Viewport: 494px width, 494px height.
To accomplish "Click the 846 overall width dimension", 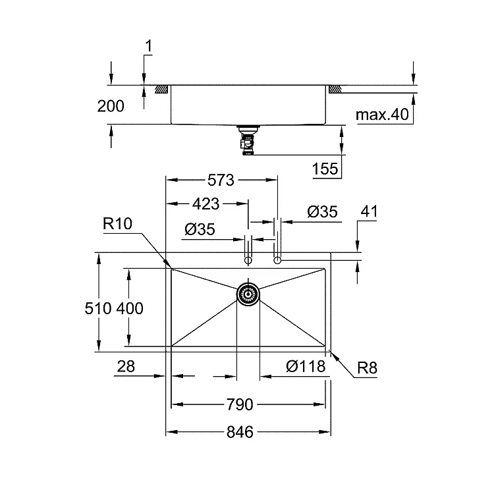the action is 240,432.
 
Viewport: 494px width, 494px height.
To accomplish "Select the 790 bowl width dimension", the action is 240,404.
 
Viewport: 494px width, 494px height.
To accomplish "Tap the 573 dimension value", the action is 221,180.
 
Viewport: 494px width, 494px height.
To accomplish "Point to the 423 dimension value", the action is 206,204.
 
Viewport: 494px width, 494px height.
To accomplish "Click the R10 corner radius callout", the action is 117,224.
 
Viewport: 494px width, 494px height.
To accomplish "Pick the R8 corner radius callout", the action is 367,368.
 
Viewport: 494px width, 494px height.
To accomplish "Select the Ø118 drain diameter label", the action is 306,366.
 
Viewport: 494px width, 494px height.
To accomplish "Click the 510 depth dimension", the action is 98,308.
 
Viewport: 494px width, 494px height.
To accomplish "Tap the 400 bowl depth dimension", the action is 130,308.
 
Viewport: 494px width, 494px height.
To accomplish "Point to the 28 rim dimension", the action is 126,366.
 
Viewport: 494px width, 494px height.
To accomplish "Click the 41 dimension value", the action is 369,211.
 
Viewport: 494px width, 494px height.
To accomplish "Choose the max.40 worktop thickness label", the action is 382,115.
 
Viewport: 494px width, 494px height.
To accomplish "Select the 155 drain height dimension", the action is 325,169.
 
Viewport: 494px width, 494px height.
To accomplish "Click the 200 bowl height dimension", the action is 111,106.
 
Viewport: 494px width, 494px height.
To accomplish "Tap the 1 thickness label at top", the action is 148,45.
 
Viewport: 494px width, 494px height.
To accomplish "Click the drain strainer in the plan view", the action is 248,294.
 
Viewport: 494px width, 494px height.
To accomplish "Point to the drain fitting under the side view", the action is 248,140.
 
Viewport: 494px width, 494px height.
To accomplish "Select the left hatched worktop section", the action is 161,89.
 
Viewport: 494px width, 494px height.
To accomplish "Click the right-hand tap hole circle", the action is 277,261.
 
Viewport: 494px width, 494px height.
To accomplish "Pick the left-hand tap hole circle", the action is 248,261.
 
